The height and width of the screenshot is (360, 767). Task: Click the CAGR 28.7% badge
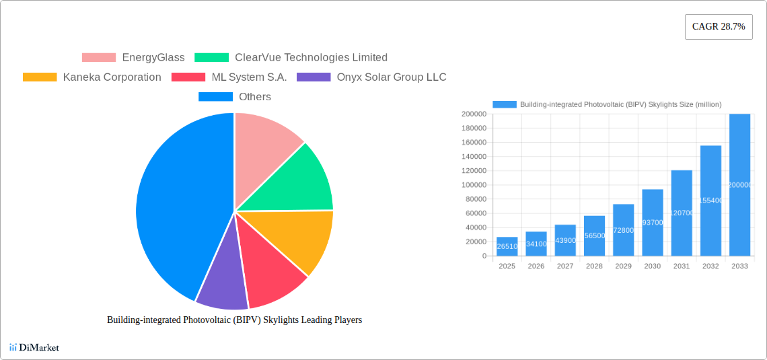[718, 27]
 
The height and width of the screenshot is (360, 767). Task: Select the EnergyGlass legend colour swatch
[98, 58]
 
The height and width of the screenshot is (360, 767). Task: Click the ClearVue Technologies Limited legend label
[311, 58]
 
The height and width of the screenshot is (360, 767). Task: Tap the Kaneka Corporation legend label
[112, 77]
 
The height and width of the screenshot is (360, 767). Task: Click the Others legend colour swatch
[215, 97]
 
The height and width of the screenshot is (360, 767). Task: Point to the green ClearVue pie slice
[296, 182]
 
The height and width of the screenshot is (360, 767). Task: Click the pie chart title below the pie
[234, 320]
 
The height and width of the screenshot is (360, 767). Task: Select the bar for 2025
[507, 246]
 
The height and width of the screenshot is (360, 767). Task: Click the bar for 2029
[623, 230]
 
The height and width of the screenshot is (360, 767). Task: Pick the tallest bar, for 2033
[739, 185]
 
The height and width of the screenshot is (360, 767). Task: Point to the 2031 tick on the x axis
[682, 266]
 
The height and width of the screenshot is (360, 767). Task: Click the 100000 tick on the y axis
[474, 185]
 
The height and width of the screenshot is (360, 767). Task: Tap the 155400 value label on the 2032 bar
[710, 201]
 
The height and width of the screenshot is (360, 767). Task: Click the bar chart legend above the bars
[607, 104]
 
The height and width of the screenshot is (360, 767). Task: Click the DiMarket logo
[34, 348]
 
